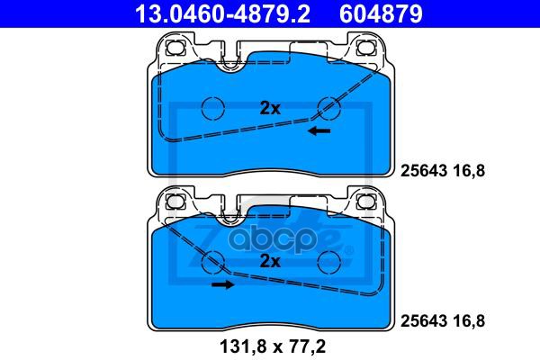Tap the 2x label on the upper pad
(270, 108)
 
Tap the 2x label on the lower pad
(270, 262)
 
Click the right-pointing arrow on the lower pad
(222, 284)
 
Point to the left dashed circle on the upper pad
(212, 108)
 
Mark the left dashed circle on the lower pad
(212, 262)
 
